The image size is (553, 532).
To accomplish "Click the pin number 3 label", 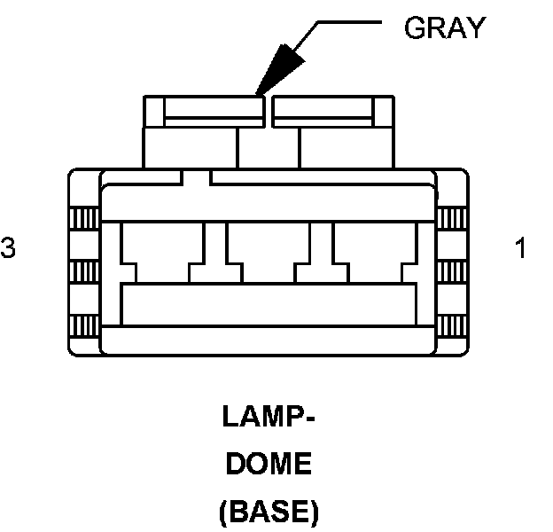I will point(8,248).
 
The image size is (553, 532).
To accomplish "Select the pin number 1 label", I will point(520,248).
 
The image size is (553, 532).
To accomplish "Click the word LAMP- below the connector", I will point(267,419).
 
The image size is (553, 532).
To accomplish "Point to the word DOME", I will point(268,465).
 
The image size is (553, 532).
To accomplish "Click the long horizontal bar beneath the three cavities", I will point(269,304).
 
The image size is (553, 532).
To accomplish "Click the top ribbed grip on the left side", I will point(84,216).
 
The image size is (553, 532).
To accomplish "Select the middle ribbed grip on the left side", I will point(84,270).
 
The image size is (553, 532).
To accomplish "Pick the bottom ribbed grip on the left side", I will point(84,325).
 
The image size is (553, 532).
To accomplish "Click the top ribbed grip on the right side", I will point(452,216).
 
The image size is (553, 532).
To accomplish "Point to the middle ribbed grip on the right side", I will point(452,270).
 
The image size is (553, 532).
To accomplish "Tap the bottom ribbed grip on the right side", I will point(452,325).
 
